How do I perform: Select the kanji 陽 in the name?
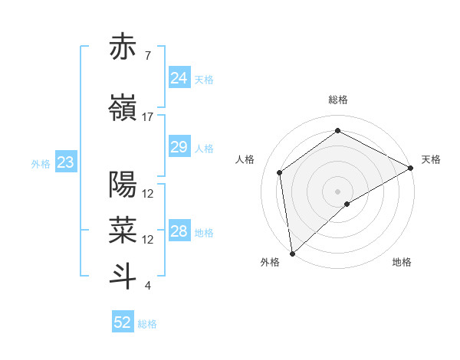click(123, 185)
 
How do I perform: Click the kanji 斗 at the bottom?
click(123, 277)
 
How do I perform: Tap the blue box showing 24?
click(179, 78)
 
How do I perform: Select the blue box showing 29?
click(179, 147)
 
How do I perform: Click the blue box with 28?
click(179, 231)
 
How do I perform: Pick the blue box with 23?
click(65, 162)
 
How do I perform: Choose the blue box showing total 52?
click(123, 322)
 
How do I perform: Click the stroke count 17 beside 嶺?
click(148, 117)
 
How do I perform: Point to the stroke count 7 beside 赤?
click(147, 56)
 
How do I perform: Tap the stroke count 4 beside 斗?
click(147, 286)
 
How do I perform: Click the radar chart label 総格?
click(338, 100)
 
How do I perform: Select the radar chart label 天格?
click(431, 159)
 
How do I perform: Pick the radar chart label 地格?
click(402, 262)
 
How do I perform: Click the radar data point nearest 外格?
click(291, 253)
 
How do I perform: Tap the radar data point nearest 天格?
click(411, 168)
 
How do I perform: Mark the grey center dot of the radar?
click(338, 191)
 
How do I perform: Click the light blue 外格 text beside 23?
click(41, 163)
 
